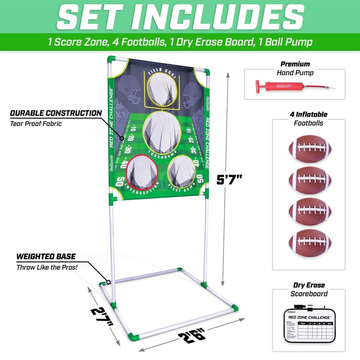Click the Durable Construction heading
click(x=55, y=113)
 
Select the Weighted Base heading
click(x=46, y=257)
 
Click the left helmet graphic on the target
click(x=134, y=92)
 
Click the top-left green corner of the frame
click(x=111, y=60)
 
